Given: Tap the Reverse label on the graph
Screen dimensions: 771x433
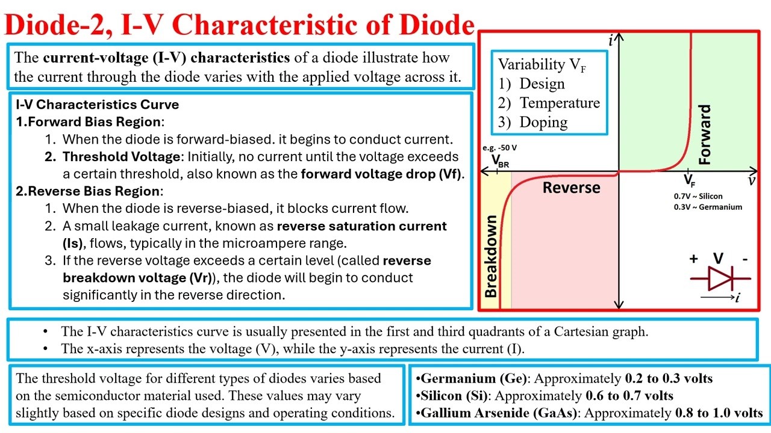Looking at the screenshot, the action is (x=571, y=188).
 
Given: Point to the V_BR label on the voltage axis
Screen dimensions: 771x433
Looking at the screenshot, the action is (x=499, y=161).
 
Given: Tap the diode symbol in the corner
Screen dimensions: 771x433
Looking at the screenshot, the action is (x=720, y=278).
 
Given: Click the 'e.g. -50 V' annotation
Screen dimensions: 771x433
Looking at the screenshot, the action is (x=500, y=148).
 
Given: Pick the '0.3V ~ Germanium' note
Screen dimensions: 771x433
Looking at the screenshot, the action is (x=708, y=207).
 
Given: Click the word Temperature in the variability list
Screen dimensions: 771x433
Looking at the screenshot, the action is (x=560, y=103).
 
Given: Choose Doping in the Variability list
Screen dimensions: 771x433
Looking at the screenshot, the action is (x=543, y=122).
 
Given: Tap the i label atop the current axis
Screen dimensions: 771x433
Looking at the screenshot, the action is (x=611, y=40).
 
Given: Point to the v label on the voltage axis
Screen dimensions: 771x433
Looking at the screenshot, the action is (x=752, y=180).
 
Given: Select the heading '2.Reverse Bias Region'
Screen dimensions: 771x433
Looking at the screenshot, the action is (x=90, y=191).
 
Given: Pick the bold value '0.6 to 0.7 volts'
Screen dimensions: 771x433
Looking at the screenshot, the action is (x=629, y=396).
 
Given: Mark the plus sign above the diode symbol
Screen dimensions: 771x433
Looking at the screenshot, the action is (x=693, y=259).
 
